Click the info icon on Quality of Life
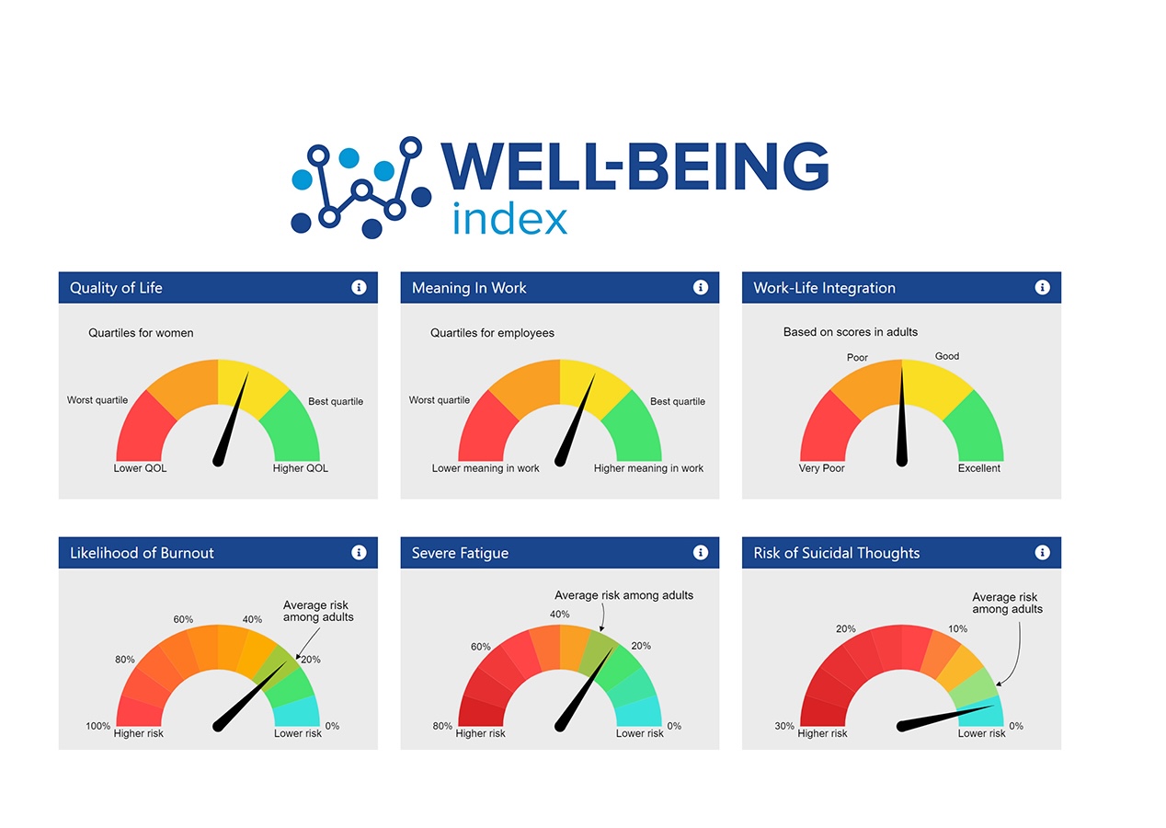pyautogui.click(x=359, y=288)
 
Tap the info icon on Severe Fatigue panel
pyautogui.click(x=701, y=553)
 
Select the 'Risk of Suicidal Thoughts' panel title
pyautogui.click(x=836, y=553)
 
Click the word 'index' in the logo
pyautogui.click(x=509, y=219)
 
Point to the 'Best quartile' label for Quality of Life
pyautogui.click(x=336, y=401)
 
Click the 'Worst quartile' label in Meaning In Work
pyautogui.click(x=440, y=400)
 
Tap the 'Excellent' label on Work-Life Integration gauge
pyautogui.click(x=978, y=468)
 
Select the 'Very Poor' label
pyautogui.click(x=821, y=468)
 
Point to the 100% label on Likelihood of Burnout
pyautogui.click(x=98, y=726)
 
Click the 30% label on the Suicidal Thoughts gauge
pyautogui.click(x=784, y=726)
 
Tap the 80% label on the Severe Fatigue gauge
pyautogui.click(x=442, y=726)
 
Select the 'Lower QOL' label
pyautogui.click(x=140, y=468)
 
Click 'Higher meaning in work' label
pyautogui.click(x=648, y=468)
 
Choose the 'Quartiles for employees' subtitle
pyautogui.click(x=492, y=333)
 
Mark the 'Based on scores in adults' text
pyautogui.click(x=851, y=332)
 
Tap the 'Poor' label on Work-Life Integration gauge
pyautogui.click(x=857, y=358)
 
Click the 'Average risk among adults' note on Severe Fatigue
pyautogui.click(x=623, y=595)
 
